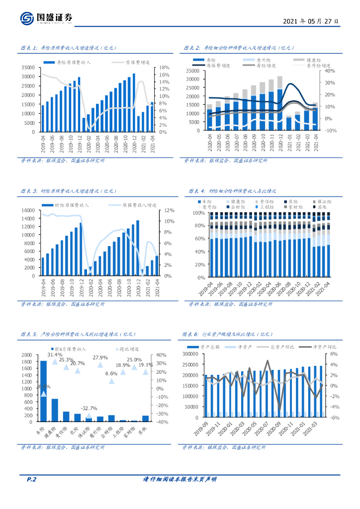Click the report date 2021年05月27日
(x=312, y=21)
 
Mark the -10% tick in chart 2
(x=331, y=131)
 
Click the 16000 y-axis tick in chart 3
(x=27, y=210)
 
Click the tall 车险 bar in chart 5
(x=43, y=391)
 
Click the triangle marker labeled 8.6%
(x=111, y=381)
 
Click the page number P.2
(x=31, y=479)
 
